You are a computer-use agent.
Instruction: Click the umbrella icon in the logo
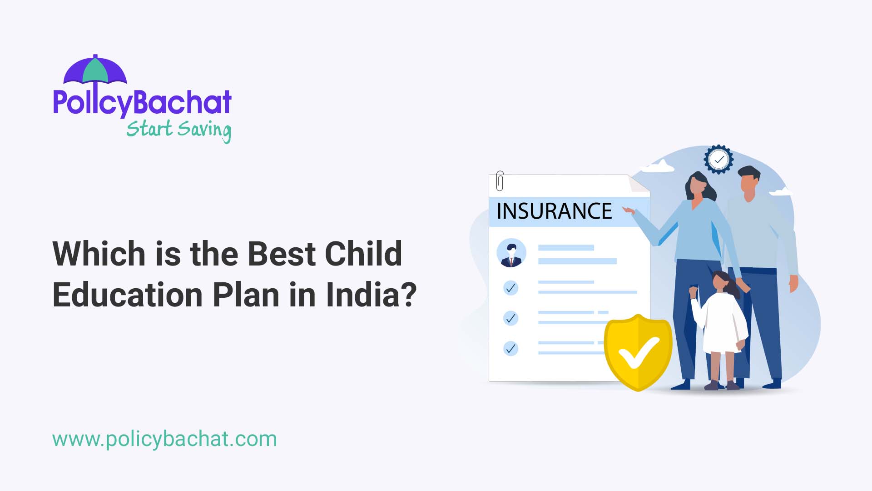click(95, 70)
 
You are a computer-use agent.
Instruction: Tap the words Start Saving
click(178, 130)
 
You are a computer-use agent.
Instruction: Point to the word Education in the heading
click(128, 295)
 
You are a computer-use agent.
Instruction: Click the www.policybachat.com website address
click(164, 439)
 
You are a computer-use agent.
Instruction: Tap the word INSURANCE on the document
click(554, 211)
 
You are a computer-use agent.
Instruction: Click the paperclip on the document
click(500, 180)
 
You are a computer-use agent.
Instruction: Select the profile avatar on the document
click(511, 253)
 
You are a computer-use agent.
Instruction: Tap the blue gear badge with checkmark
click(718, 160)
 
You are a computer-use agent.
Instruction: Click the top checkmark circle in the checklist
click(511, 288)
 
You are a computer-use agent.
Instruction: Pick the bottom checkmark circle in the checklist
click(511, 349)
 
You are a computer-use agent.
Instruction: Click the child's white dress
click(722, 323)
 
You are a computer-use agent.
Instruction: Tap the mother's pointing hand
click(629, 210)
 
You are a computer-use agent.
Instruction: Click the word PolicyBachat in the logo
click(142, 102)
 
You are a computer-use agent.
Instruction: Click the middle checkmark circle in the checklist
click(511, 318)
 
